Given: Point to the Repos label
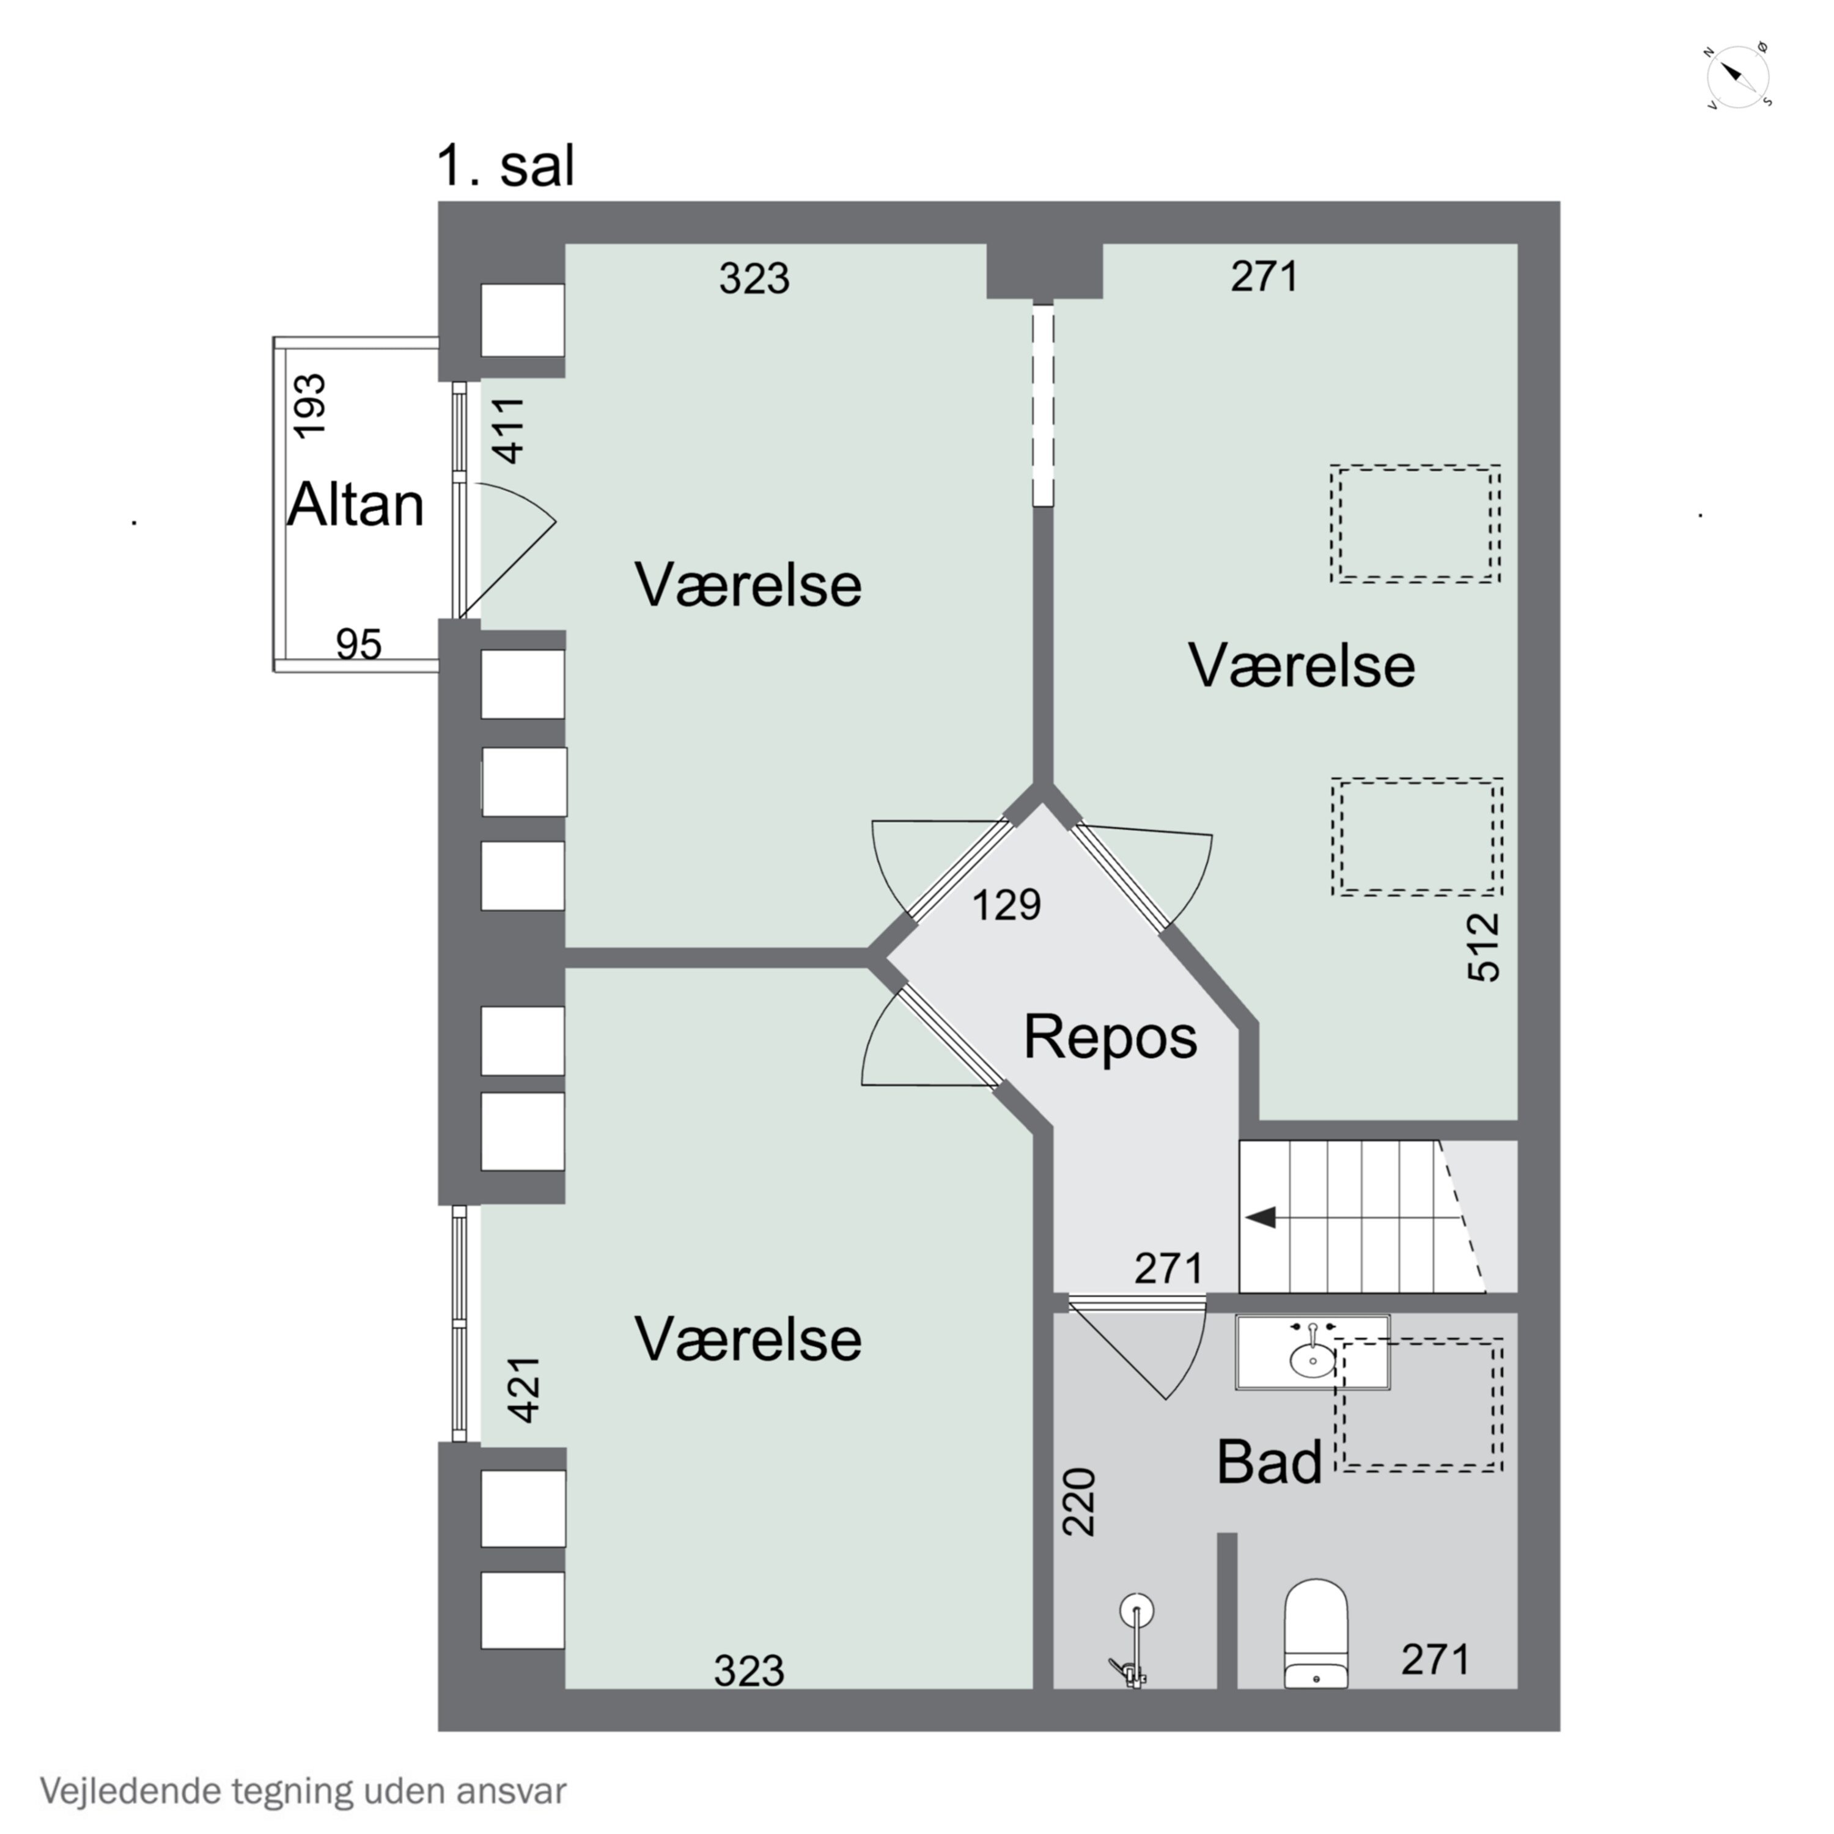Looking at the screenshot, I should click(x=1110, y=1037).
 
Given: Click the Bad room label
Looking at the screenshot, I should click(x=1269, y=1462).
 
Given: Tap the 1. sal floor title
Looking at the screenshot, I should click(x=505, y=166).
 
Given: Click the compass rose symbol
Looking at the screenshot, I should click(x=1737, y=76).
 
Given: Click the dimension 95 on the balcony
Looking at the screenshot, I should click(x=359, y=644).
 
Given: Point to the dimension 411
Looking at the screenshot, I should click(x=510, y=430).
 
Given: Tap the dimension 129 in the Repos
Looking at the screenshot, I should click(x=1006, y=905).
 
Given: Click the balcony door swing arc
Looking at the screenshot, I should click(x=517, y=555).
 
